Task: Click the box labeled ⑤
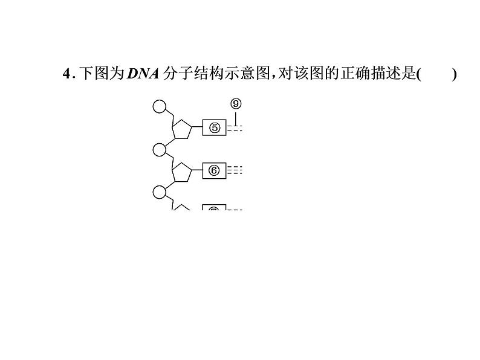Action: [214, 128]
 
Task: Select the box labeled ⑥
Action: [214, 170]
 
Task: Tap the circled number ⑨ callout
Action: [236, 103]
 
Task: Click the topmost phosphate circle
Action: [159, 107]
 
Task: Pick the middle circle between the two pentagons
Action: [159, 149]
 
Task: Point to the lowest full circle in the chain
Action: [159, 192]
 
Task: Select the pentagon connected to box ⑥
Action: [182, 172]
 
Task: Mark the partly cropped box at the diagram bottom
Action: [214, 208]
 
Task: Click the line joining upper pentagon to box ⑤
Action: [197, 128]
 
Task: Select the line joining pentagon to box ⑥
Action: [197, 170]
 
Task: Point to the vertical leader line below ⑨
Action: [236, 117]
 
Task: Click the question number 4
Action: [66, 74]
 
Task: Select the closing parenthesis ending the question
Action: [454, 74]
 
